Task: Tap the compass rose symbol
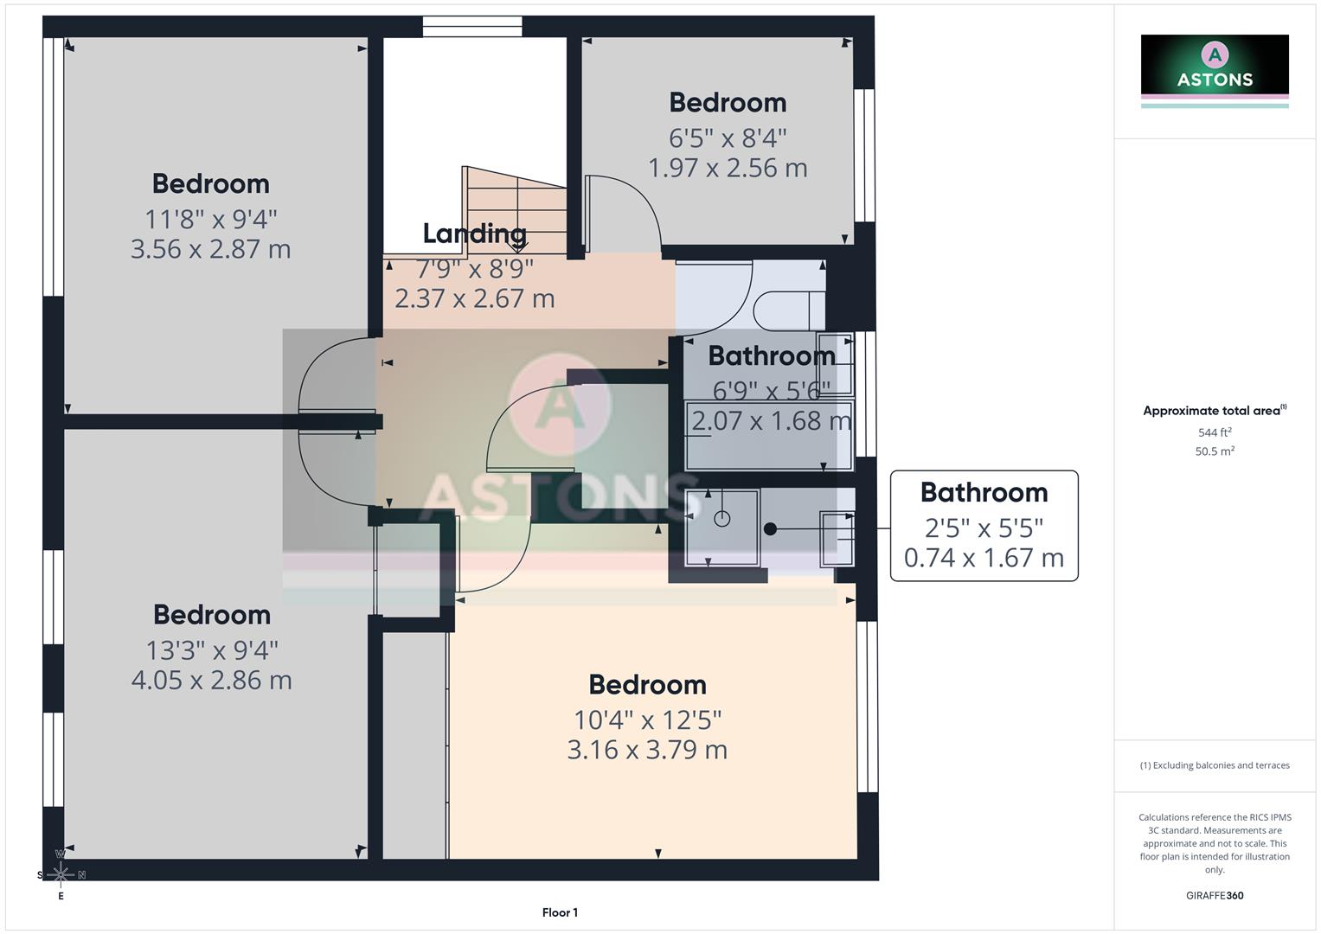click(61, 874)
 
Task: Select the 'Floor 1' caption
click(560, 912)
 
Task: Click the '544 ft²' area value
click(1214, 432)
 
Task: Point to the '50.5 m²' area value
click(1214, 451)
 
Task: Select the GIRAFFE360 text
click(1214, 895)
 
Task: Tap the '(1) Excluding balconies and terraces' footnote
click(1214, 765)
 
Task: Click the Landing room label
click(474, 233)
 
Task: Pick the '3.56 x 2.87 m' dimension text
click(210, 249)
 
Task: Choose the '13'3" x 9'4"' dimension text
click(211, 649)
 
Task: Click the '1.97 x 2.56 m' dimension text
click(728, 168)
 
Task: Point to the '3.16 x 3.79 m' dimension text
click(647, 750)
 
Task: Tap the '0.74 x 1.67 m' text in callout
click(984, 558)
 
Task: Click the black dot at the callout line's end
click(770, 528)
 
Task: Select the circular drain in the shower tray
click(722, 519)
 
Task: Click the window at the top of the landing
click(472, 27)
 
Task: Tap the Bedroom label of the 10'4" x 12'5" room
click(647, 685)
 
